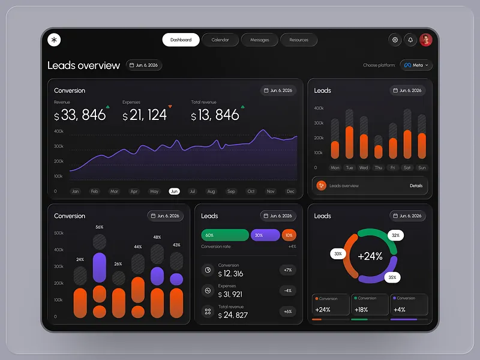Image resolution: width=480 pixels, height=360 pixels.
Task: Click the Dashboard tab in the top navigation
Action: [x=181, y=40]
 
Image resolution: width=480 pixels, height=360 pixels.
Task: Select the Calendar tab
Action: [x=220, y=40]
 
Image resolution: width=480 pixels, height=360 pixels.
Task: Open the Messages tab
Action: [x=259, y=40]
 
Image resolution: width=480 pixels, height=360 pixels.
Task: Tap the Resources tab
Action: [x=299, y=40]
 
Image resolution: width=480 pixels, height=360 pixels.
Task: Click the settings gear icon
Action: [x=395, y=40]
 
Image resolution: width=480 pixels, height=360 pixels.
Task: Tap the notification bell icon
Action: [x=410, y=40]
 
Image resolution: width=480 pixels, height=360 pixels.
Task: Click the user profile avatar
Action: [x=426, y=40]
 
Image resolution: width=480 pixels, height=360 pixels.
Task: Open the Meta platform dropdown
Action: [x=416, y=65]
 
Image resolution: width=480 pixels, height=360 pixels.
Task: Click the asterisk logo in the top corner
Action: [x=55, y=40]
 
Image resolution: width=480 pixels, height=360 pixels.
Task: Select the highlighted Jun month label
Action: [x=174, y=191]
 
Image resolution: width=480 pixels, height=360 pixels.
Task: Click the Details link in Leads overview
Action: [x=416, y=186]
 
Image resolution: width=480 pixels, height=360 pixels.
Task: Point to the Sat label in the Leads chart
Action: [x=407, y=168]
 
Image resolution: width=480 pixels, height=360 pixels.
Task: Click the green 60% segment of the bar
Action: [x=225, y=235]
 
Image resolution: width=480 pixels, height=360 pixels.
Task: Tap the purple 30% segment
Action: [x=265, y=235]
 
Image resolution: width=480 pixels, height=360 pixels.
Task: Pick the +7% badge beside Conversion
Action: [x=288, y=270]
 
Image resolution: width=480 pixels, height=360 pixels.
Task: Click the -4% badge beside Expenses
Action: [x=288, y=291]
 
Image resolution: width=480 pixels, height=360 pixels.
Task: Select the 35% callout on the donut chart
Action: [x=392, y=278]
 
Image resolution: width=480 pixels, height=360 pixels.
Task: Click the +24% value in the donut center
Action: [x=370, y=256]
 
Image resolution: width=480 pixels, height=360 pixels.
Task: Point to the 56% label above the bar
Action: [x=99, y=227]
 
